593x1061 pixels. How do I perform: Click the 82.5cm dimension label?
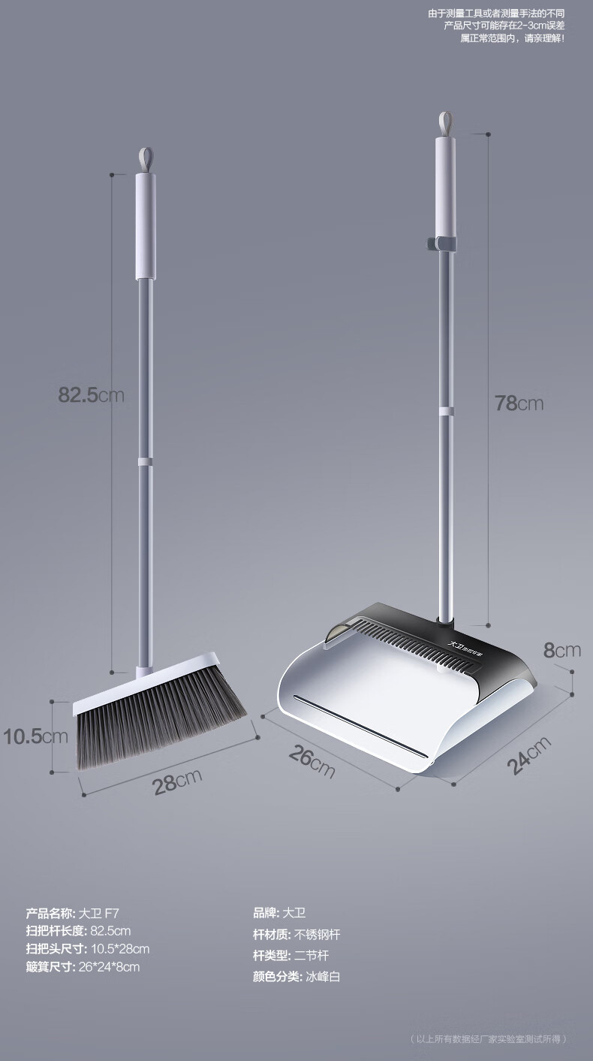[91, 394]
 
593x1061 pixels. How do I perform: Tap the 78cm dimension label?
[519, 403]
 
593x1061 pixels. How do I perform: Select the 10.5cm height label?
[35, 736]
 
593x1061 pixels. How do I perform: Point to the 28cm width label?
[177, 781]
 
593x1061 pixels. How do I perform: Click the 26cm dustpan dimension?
[312, 761]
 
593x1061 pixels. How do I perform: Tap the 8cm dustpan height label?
[561, 650]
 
